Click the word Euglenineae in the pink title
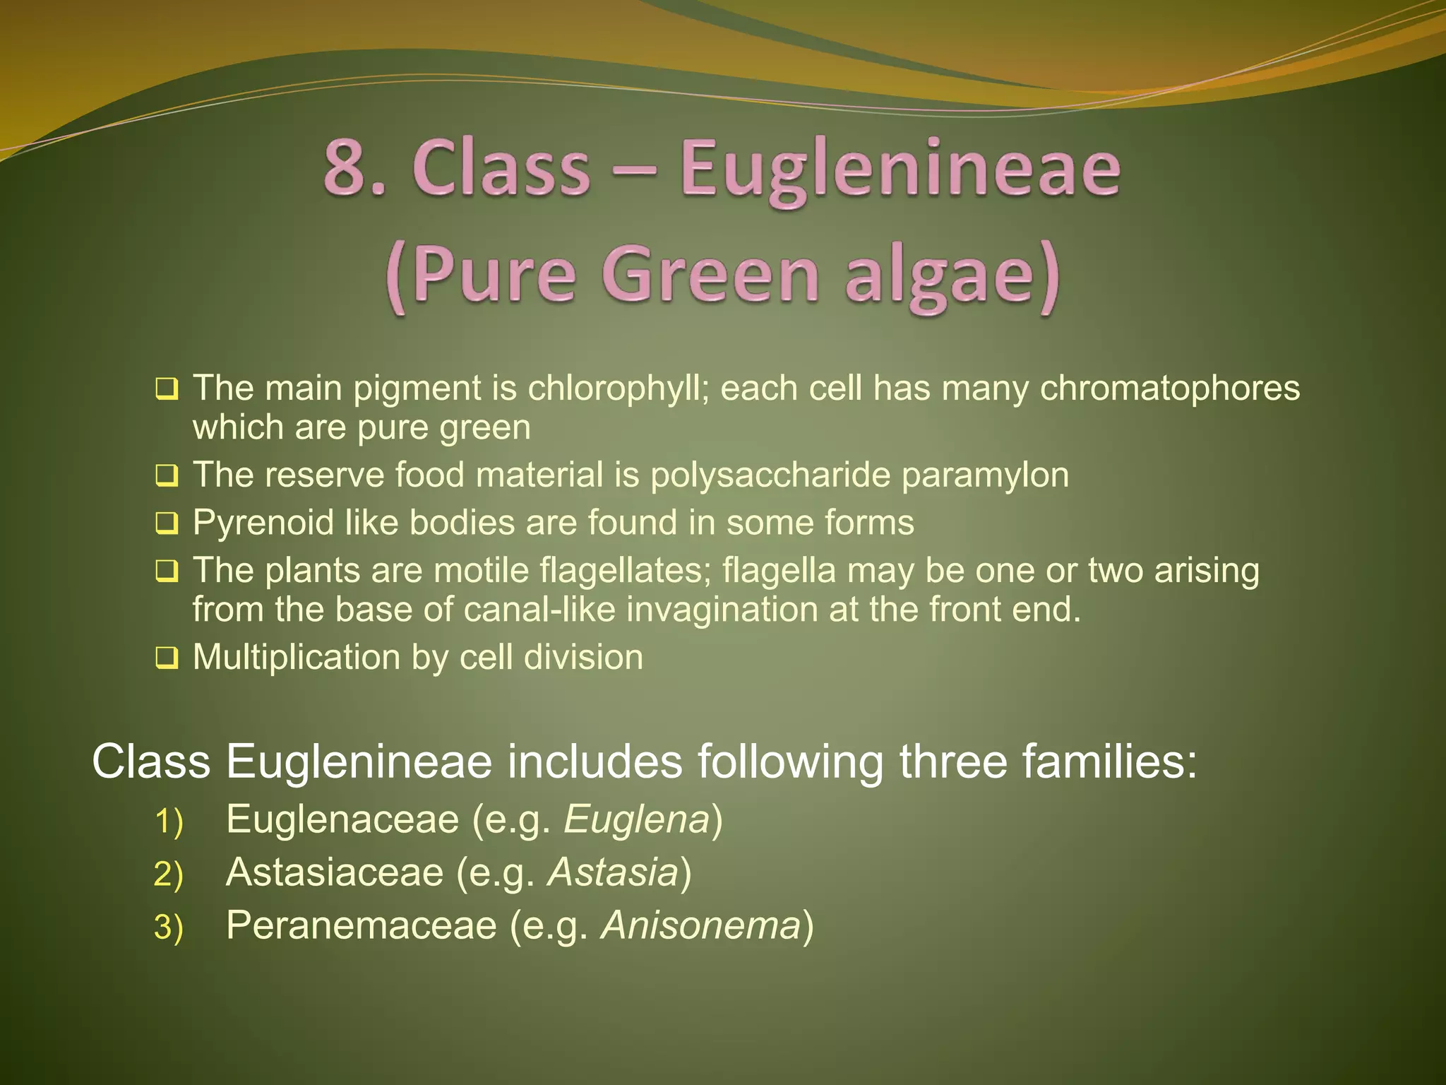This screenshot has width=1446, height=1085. pos(900,170)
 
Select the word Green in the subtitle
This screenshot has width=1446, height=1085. pos(710,274)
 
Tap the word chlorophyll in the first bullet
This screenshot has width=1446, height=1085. pos(619,388)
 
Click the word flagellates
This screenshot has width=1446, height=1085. pos(624,570)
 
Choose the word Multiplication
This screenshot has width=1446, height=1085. pos(297,658)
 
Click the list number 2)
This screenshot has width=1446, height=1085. pos(168,874)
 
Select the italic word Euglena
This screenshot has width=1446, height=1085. pos(636,819)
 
